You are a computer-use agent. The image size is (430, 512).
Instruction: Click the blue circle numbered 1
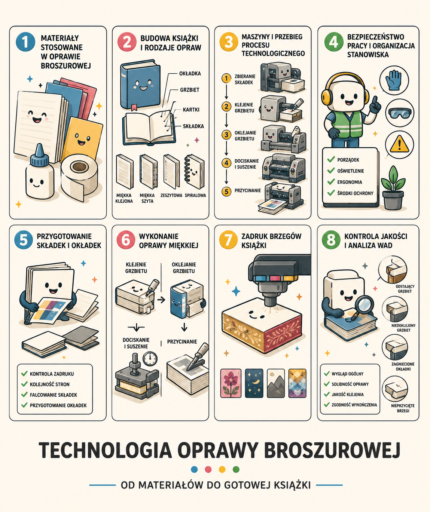pos(25,42)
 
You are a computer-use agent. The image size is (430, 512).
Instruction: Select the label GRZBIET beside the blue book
pos(189,90)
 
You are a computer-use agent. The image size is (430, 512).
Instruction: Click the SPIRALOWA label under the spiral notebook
pos(195,196)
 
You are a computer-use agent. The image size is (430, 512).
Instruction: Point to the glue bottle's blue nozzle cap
pos(40,155)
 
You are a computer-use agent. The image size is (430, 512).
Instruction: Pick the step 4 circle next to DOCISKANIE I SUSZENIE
pos(226,163)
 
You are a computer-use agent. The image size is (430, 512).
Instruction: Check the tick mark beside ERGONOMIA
pos(331,181)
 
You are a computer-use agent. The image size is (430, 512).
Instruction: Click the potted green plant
pos(393,188)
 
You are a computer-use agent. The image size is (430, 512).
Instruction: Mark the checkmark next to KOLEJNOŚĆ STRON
pos(24,384)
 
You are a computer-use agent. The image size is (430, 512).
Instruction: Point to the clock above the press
pos(150,359)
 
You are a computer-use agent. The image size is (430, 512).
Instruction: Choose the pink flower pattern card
pos(231,383)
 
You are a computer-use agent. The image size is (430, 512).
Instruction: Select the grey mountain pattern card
pos(275,383)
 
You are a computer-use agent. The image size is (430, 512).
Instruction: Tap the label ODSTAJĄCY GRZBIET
pos(405,289)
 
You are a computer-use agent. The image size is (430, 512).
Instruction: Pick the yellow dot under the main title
pos(222,469)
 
